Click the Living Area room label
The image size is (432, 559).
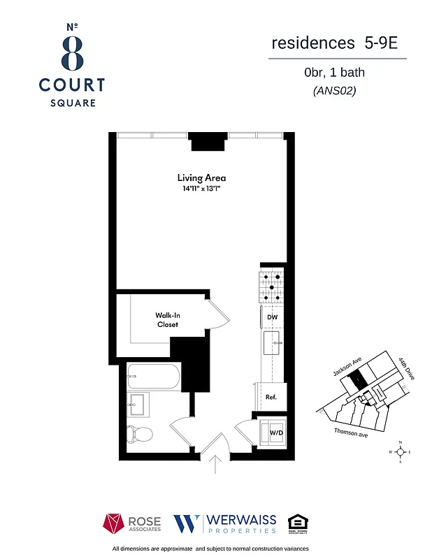tap(201, 177)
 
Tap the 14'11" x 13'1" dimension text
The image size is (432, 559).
tap(201, 189)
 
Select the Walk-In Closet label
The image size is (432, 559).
tap(166, 320)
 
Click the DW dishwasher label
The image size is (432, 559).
tap(273, 317)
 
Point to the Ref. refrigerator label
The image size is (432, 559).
tap(271, 397)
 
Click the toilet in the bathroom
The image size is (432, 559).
tap(140, 433)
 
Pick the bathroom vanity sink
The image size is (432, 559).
tap(138, 404)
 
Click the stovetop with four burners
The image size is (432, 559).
tap(273, 286)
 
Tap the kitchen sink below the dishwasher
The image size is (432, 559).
tap(273, 344)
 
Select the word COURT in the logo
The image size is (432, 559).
tap(72, 85)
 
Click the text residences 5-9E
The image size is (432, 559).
tap(334, 43)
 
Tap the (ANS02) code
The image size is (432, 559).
tap(334, 90)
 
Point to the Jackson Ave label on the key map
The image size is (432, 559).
tap(347, 366)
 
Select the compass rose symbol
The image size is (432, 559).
tap(400, 452)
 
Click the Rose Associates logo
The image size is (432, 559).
tap(132, 523)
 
